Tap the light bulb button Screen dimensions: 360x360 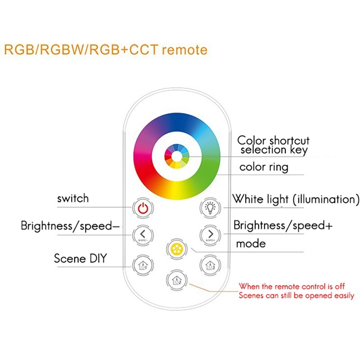pos(209,208)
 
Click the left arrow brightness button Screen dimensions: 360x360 pos(143,234)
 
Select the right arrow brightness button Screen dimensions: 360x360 pos(209,234)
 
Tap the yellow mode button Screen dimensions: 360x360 pos(175,248)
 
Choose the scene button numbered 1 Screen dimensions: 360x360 pos(143,265)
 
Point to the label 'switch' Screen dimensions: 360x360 pos(73,198)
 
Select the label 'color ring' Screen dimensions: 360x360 pos(264,167)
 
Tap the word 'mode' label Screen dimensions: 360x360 pos(251,244)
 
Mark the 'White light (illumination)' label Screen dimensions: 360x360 pos(295,199)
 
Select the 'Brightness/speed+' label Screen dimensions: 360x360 pos(283,225)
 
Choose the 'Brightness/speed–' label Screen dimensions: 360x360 pos(71,225)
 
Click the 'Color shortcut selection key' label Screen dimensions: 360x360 pos(274,145)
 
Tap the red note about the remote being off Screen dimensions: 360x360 pos(296,291)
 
